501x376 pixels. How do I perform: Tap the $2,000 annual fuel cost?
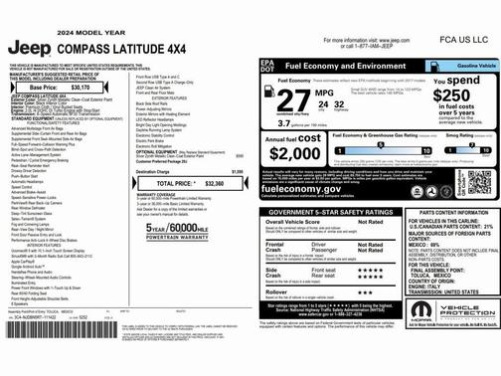click(295, 154)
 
